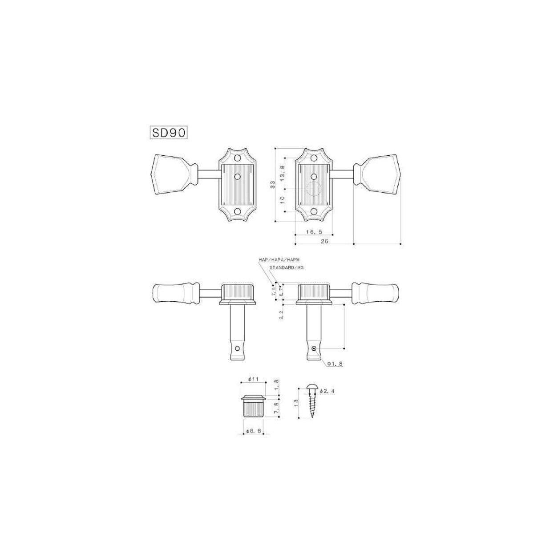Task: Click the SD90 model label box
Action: pos(168,133)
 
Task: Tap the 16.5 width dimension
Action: pos(314,232)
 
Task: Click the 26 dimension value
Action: pos(324,241)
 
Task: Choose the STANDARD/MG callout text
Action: pos(287,267)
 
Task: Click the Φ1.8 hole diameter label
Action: pos(335,364)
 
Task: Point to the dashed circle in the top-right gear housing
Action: pos(314,189)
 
